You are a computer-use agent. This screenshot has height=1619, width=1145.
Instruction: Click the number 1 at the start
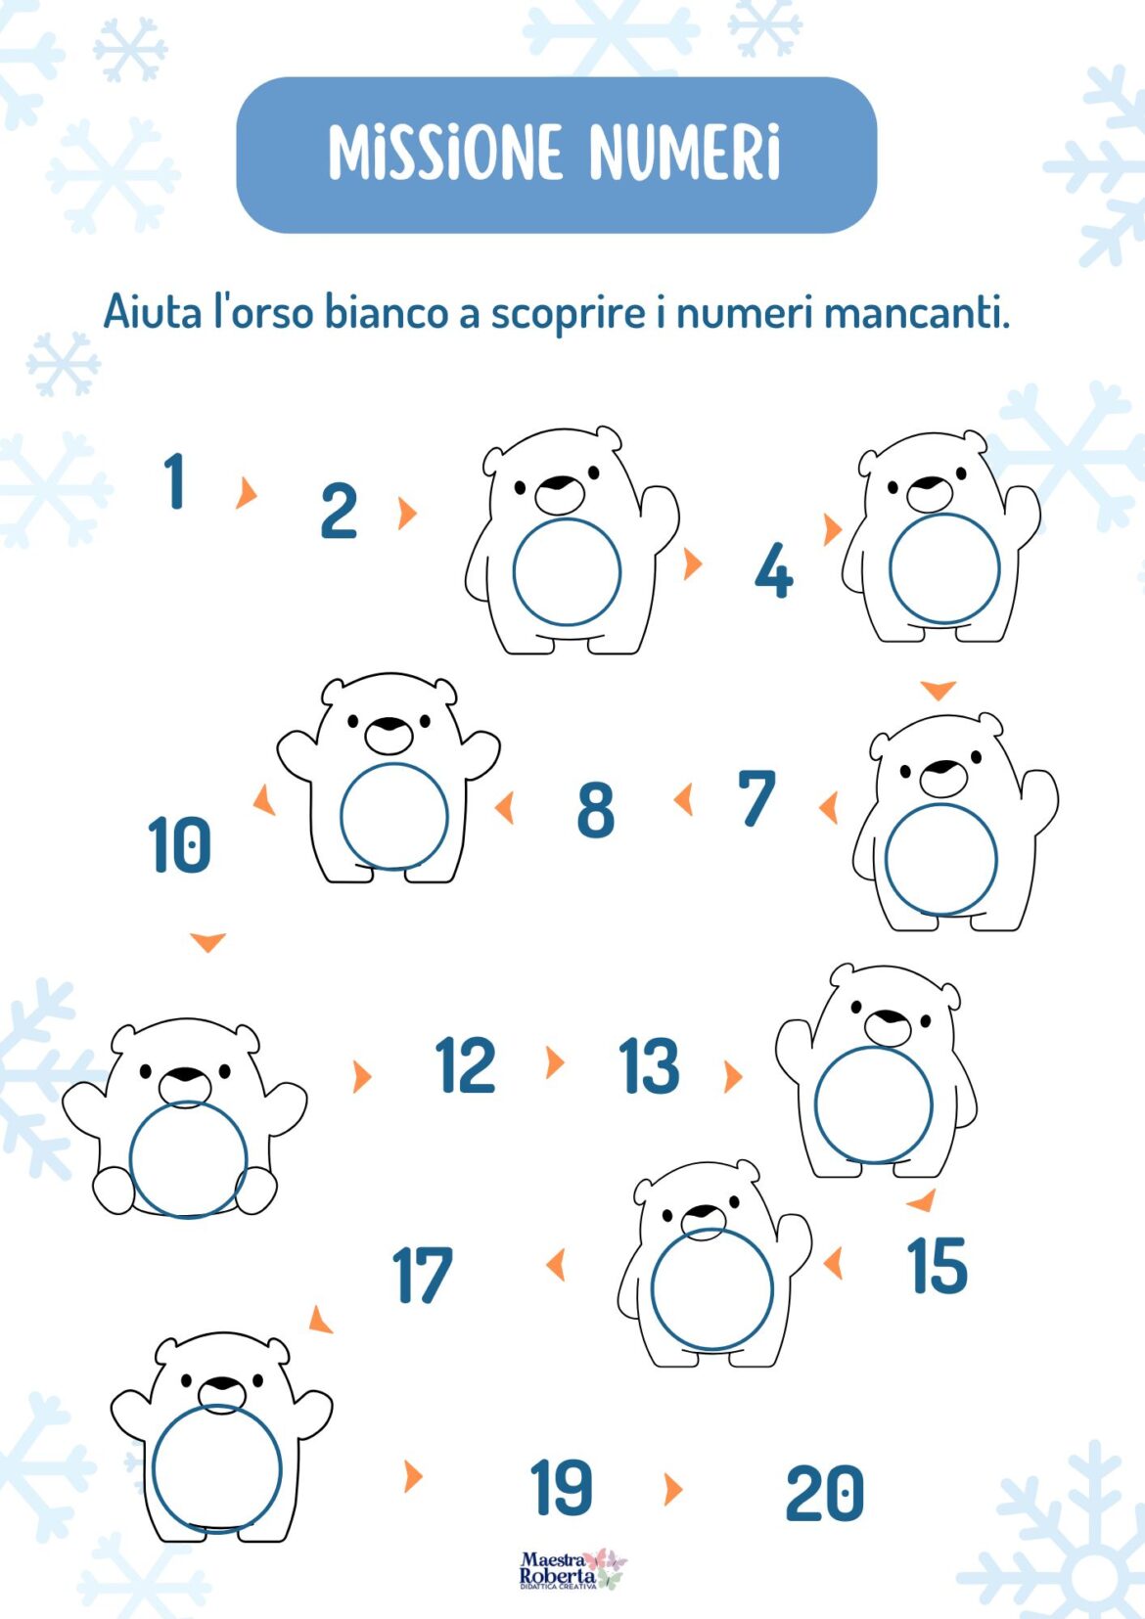[174, 480]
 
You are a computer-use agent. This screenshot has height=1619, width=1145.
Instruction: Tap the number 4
[773, 571]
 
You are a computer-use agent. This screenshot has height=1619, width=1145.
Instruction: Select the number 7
[756, 797]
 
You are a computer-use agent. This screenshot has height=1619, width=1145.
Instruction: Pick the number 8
[596, 811]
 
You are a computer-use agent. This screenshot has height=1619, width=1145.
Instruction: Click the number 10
[179, 844]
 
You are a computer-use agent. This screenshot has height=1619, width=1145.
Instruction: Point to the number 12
[466, 1064]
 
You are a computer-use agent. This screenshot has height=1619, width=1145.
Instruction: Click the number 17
[423, 1276]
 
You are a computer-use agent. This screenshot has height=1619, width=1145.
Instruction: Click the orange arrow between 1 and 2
[246, 492]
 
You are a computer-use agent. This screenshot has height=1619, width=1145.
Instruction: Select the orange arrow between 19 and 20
[673, 1490]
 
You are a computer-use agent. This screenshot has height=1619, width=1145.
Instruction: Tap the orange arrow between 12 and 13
[555, 1062]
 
